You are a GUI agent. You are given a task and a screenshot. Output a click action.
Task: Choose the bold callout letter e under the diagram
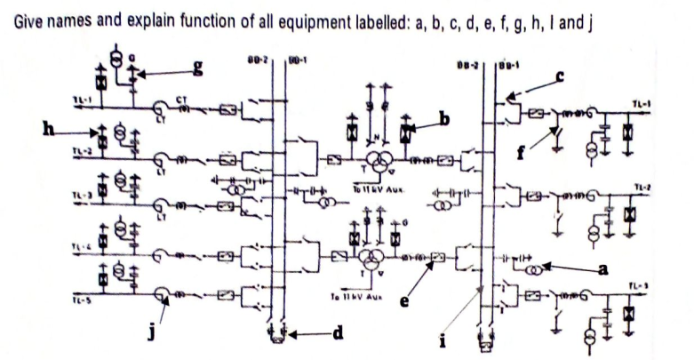coord(406,303)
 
